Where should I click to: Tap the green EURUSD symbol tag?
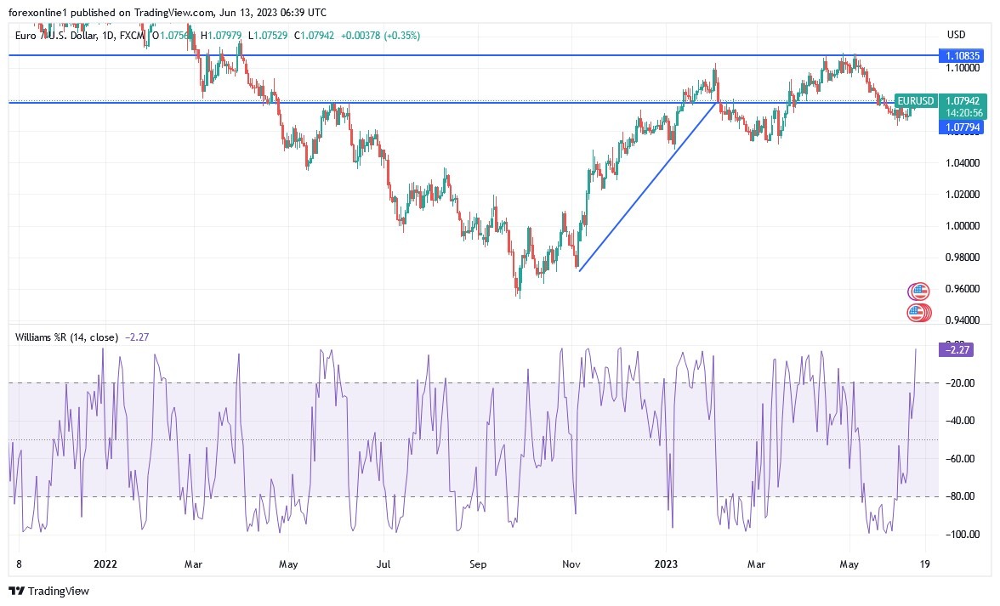click(x=915, y=101)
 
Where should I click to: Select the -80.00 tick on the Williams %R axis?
click(x=963, y=496)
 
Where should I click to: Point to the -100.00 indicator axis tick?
click(x=963, y=535)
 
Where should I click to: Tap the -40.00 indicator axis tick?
click(x=963, y=421)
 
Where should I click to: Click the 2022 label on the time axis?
click(x=105, y=563)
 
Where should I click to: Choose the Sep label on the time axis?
click(x=477, y=563)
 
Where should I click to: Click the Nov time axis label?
click(x=571, y=563)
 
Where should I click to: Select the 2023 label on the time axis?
click(x=666, y=563)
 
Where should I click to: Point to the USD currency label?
click(x=957, y=35)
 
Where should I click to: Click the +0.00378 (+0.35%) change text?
click(x=380, y=35)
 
